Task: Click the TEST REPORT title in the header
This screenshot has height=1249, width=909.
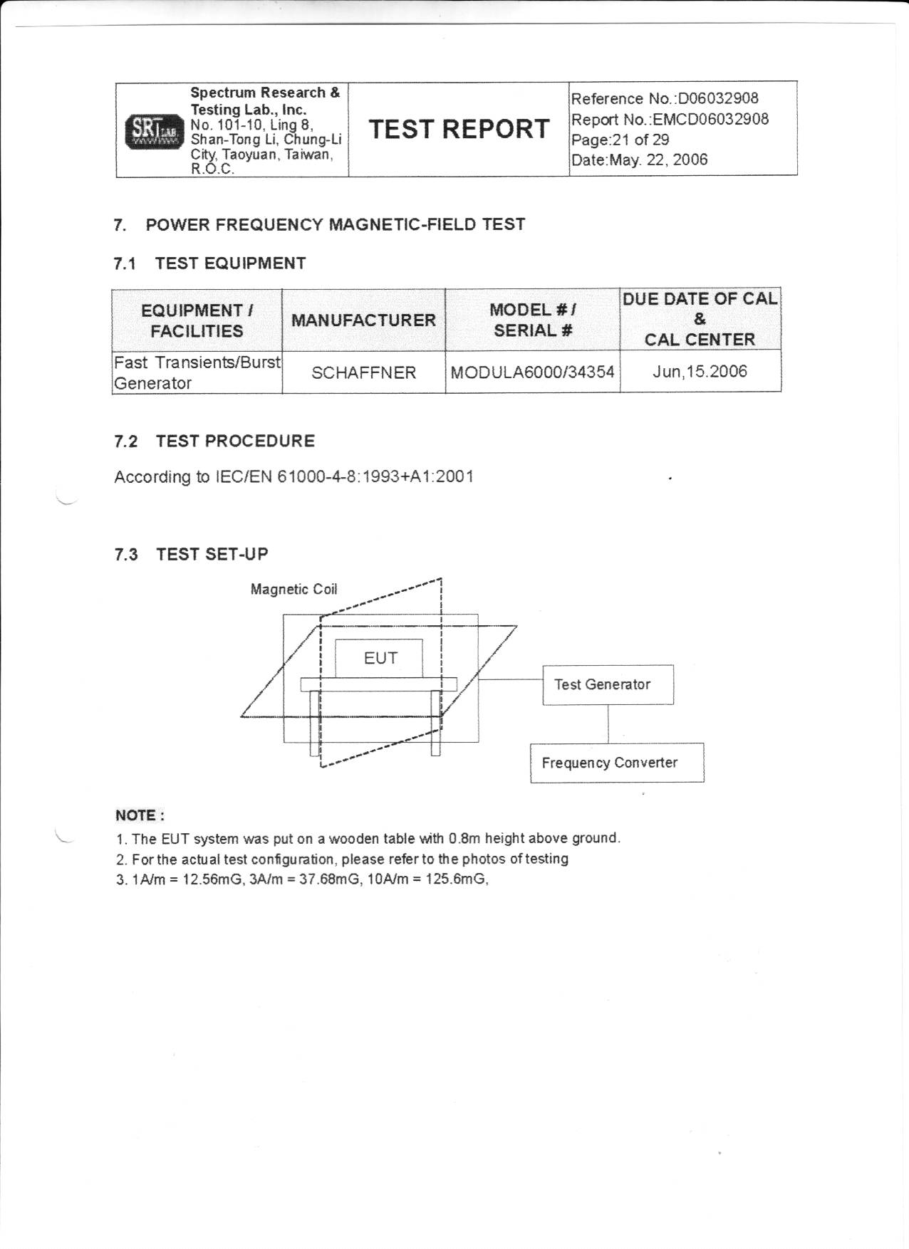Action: click(x=459, y=129)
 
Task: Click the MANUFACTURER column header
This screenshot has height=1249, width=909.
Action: click(x=363, y=320)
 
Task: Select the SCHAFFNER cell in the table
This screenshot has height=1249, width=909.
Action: click(x=363, y=372)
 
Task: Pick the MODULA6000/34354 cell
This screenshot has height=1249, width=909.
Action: click(x=532, y=372)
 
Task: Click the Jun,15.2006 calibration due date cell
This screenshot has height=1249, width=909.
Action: click(x=700, y=372)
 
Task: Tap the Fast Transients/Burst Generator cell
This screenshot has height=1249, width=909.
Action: click(x=197, y=372)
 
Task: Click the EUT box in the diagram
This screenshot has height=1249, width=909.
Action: click(x=380, y=658)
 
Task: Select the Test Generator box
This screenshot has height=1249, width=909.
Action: click(x=608, y=685)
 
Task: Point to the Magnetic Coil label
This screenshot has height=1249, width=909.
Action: click(x=294, y=590)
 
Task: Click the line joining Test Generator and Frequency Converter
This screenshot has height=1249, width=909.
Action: click(x=608, y=724)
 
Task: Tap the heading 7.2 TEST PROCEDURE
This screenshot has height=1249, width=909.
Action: click(x=214, y=441)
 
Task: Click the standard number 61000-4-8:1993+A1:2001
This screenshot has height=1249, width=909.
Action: click(x=375, y=476)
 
